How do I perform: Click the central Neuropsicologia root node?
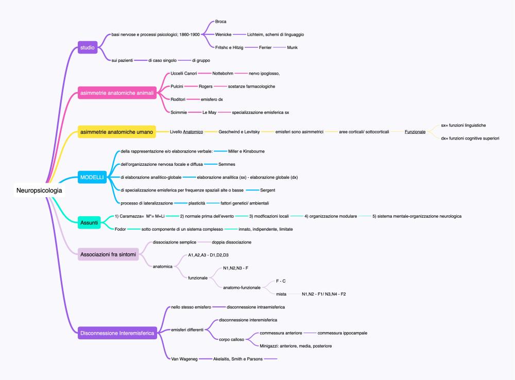tap(39, 191)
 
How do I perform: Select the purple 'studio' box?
tap(88, 47)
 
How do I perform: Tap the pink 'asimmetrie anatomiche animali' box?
tap(117, 93)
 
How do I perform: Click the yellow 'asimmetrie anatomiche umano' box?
tap(116, 132)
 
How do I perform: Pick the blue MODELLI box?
tap(92, 177)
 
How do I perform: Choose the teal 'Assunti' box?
tap(89, 222)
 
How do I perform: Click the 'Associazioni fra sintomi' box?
tap(108, 254)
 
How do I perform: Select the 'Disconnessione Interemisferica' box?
tap(117, 333)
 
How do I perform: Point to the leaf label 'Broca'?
tap(221, 22)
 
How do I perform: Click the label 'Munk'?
tap(293, 47)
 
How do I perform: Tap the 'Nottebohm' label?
tap(222, 74)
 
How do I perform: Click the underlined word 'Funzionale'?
tap(415, 132)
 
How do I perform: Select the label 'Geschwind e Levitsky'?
tap(239, 132)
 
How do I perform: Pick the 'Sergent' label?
tap(268, 190)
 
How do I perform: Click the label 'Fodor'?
tap(120, 229)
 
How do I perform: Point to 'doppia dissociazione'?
tap(232, 243)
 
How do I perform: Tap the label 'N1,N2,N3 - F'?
tap(235, 268)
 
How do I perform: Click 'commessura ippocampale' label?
tap(342, 333)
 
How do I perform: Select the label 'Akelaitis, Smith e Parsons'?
tap(238, 359)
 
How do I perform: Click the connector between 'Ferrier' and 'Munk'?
tap(279, 47)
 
